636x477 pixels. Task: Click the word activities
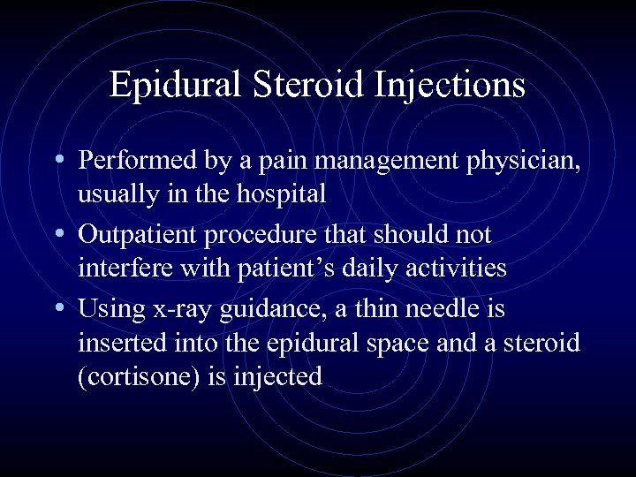(x=455, y=267)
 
